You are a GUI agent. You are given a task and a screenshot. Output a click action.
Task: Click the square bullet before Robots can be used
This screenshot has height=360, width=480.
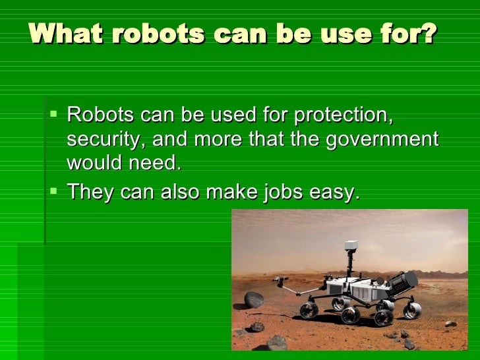54,115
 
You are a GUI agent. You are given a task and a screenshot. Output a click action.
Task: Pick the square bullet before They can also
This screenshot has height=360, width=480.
54,193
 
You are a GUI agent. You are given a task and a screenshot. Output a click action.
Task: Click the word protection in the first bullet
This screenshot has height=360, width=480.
343,116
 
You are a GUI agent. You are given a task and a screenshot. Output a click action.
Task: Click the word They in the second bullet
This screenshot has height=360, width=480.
90,192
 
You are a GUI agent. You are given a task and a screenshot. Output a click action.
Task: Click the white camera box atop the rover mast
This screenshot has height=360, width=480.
351,246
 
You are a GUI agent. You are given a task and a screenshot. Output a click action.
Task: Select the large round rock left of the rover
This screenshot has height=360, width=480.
254,299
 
